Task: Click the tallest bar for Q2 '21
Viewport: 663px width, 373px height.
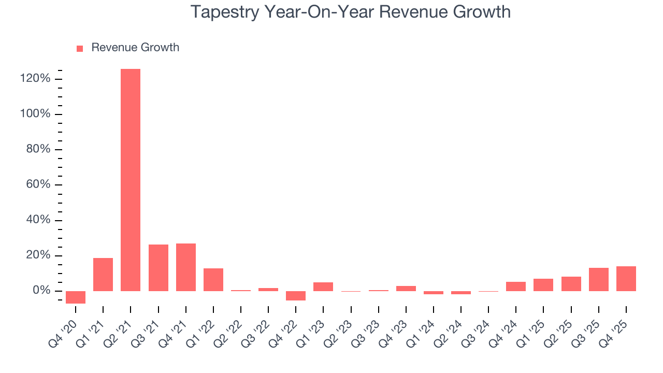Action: (x=131, y=180)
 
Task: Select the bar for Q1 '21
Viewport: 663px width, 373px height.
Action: (x=103, y=275)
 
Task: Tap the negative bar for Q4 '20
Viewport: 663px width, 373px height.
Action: (x=76, y=297)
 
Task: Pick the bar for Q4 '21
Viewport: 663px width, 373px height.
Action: (x=185, y=267)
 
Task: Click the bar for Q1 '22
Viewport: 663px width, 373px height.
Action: (x=213, y=280)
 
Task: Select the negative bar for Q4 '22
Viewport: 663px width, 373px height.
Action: (x=296, y=296)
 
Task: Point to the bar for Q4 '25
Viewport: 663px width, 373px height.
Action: (x=626, y=279)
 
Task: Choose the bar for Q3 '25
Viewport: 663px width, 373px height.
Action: (x=598, y=279)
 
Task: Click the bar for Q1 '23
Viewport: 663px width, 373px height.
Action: (x=323, y=286)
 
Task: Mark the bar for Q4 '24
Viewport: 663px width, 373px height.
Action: (x=516, y=286)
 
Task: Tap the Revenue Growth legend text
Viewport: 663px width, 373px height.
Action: (x=135, y=48)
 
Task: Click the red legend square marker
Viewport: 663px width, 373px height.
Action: (x=80, y=49)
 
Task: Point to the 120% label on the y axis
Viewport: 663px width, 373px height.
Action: (x=36, y=79)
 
